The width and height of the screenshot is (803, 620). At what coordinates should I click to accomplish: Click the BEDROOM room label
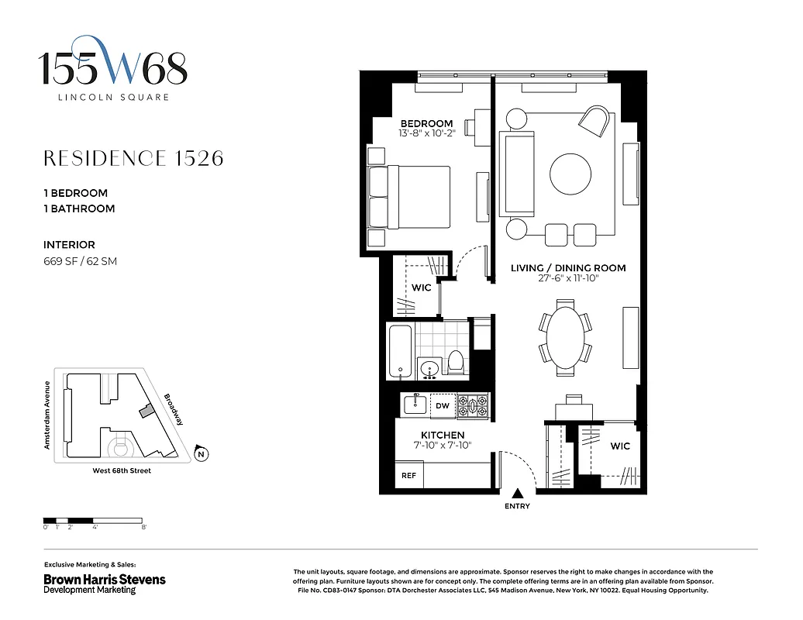click(x=426, y=124)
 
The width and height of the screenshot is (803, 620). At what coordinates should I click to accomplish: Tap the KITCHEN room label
click(x=443, y=435)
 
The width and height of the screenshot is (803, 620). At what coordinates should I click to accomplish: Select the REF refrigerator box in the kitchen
click(x=408, y=475)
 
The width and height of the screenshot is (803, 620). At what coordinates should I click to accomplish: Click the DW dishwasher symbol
click(x=442, y=405)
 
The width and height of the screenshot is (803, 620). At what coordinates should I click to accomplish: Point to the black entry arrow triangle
click(x=517, y=492)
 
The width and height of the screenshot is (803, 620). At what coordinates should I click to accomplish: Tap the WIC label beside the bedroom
click(x=421, y=288)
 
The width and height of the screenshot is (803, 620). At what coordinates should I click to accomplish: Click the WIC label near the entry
click(x=620, y=446)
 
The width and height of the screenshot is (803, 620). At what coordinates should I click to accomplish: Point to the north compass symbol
click(x=202, y=454)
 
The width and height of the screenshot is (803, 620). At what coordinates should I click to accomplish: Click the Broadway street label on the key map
click(x=174, y=409)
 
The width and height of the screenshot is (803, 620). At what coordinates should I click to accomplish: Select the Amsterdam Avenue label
click(x=47, y=415)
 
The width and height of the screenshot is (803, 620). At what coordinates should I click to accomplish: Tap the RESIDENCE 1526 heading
click(x=133, y=158)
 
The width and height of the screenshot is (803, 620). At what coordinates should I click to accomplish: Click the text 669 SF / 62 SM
click(x=80, y=261)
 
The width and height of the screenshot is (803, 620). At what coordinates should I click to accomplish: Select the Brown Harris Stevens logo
click(x=104, y=580)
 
